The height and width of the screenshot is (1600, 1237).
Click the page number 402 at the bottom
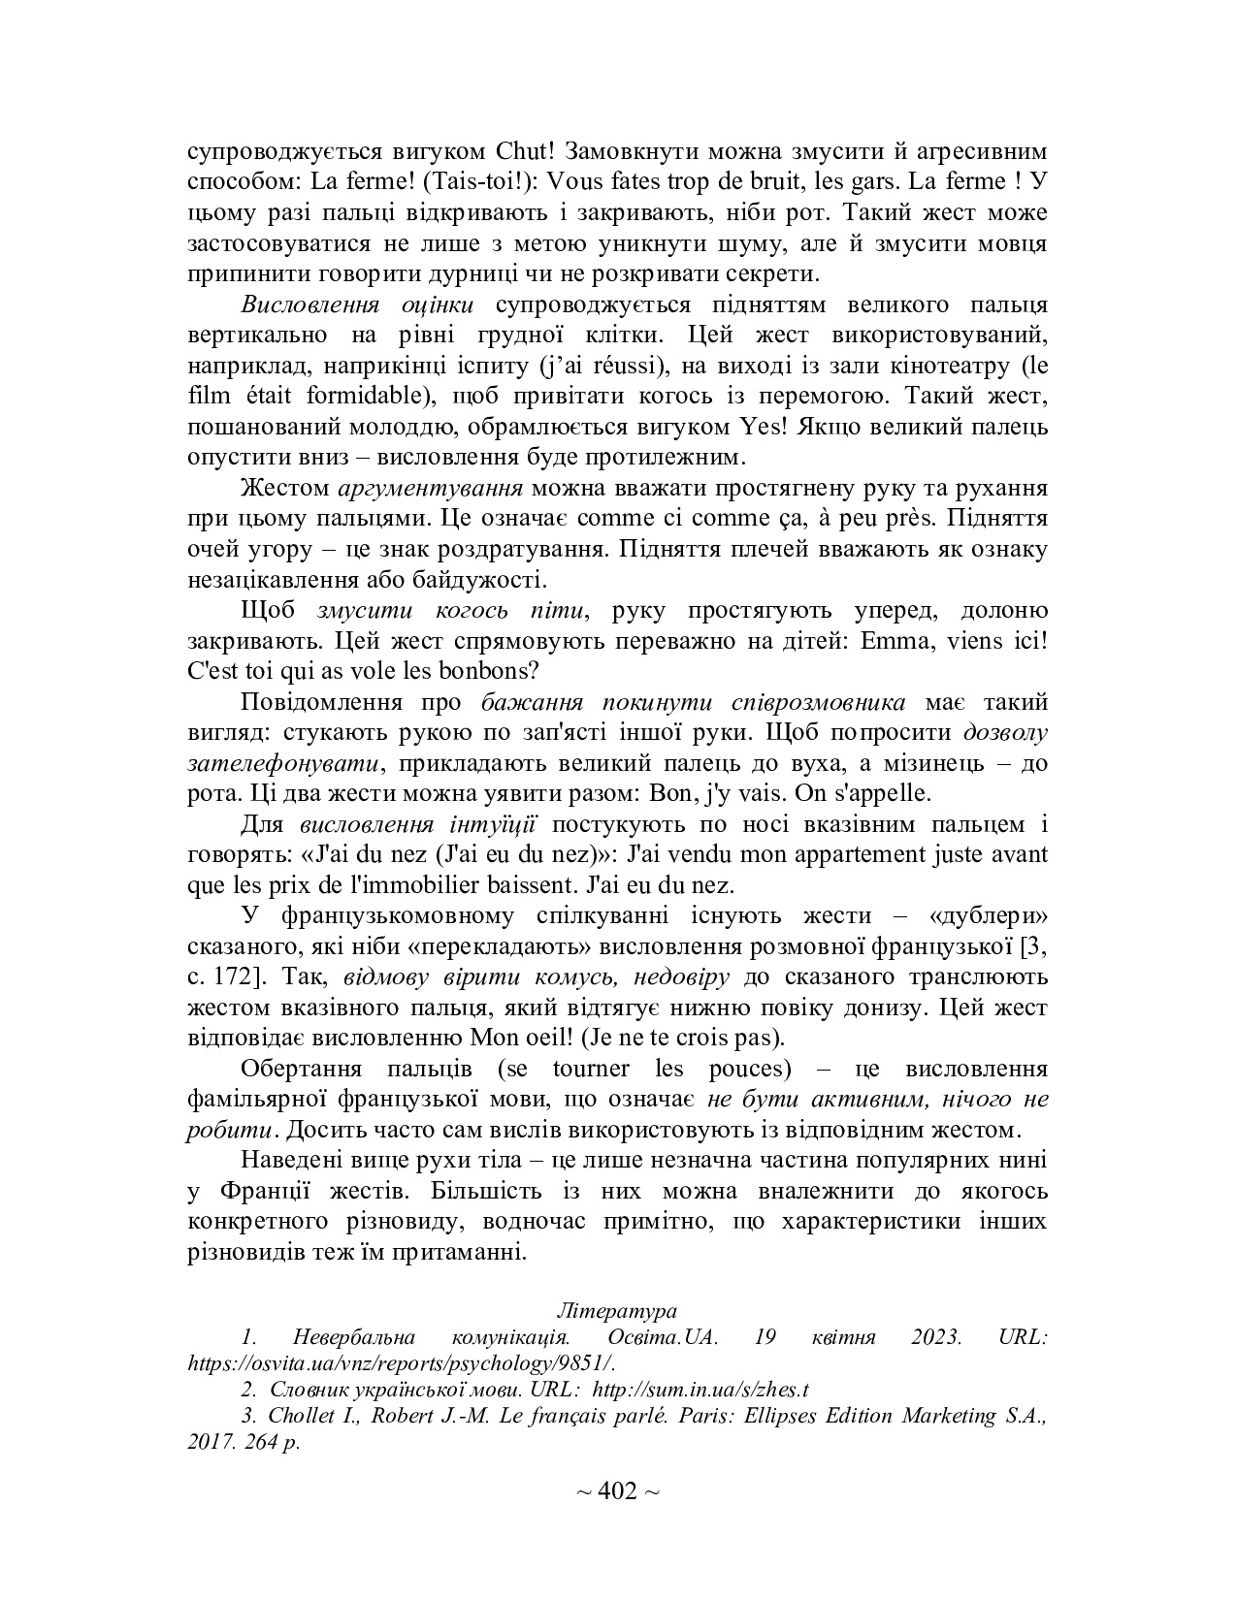[617, 1490]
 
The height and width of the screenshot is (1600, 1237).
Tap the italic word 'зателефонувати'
[280, 762]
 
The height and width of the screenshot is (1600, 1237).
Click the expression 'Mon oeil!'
[523, 1038]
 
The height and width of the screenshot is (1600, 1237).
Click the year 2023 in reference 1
[936, 1337]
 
